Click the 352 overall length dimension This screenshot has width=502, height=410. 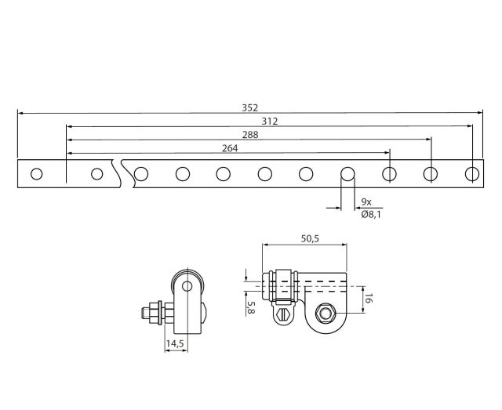click(249, 108)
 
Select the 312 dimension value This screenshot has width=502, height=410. click(270, 122)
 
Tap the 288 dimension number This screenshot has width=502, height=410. click(250, 135)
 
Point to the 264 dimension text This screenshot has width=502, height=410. click(230, 148)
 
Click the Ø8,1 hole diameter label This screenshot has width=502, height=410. click(371, 214)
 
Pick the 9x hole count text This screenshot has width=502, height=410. click(366, 201)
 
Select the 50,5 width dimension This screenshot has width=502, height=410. click(310, 238)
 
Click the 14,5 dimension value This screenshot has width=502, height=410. click(175, 343)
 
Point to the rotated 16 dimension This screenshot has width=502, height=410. click(368, 299)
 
